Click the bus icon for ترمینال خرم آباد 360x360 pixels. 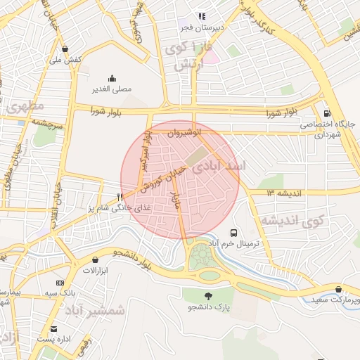pos(233,233)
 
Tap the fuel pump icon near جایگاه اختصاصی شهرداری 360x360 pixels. pos(326,113)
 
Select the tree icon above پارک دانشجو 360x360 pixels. pos(208,295)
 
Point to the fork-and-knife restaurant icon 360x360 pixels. pos(120,198)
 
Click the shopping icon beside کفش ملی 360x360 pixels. pos(65,49)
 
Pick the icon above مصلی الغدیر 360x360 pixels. pos(112,79)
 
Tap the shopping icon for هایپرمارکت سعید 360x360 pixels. pos(339,289)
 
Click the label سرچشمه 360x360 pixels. pos(46,122)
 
